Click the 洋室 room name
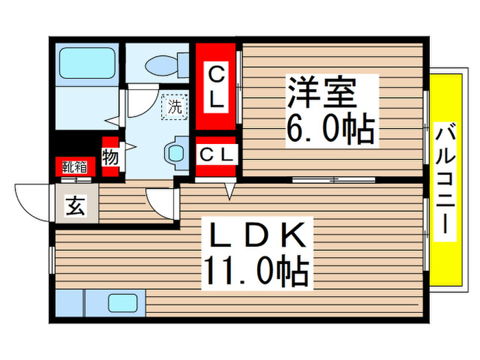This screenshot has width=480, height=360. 332,93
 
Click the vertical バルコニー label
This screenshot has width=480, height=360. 445,180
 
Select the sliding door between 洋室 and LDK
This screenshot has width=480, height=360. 333,180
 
